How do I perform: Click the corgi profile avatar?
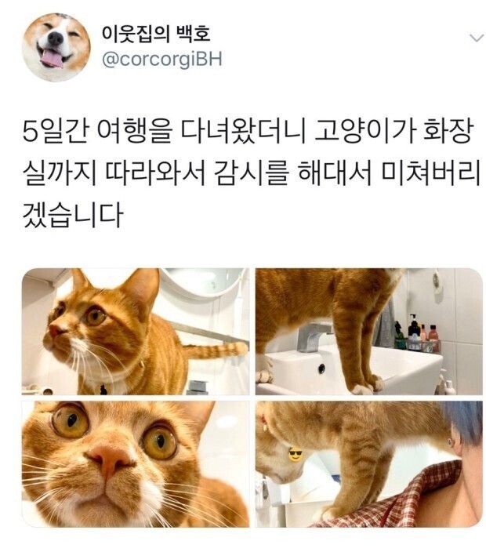(56, 47)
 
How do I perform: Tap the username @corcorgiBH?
(162, 60)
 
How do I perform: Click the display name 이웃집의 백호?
(156, 34)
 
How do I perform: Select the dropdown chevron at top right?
(475, 38)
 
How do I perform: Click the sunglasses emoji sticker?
(295, 454)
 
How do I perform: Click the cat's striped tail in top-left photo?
(215, 349)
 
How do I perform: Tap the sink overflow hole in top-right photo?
(321, 369)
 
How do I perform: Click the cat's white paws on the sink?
(361, 386)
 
